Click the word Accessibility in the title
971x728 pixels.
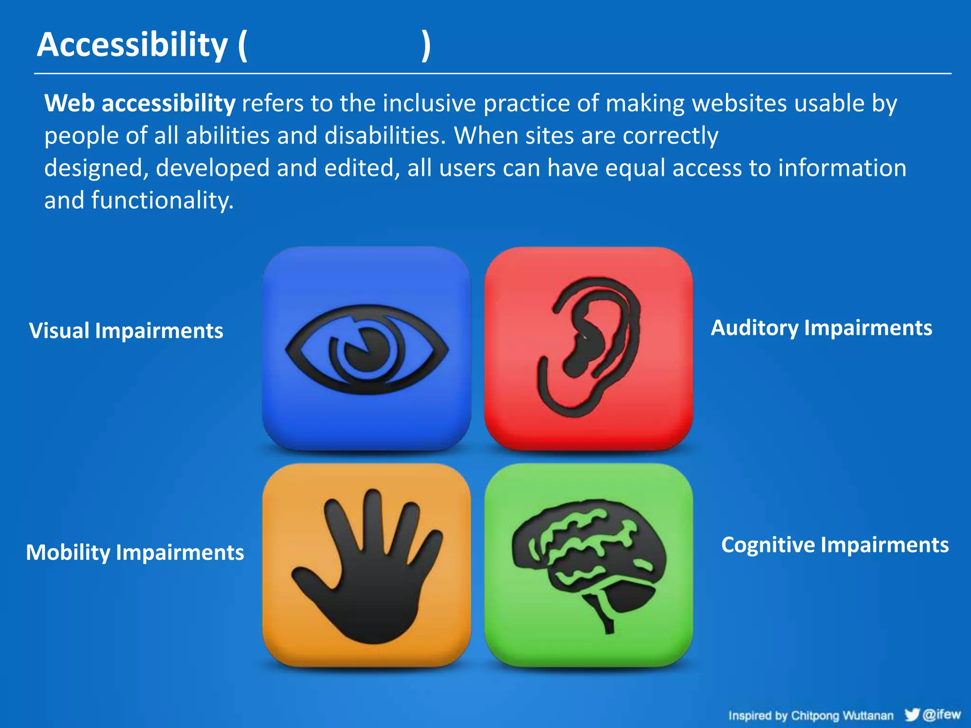pos(133,45)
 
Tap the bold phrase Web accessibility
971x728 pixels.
pos(140,103)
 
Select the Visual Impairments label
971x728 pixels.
pos(126,331)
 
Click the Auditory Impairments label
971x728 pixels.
pos(821,328)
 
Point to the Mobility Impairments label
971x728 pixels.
pos(135,553)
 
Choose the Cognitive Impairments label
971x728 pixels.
pos(834,545)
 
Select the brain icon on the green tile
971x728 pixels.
pos(588,555)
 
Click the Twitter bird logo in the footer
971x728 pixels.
pos(912,714)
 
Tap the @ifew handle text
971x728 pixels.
pos(942,714)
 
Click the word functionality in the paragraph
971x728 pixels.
pos(162,200)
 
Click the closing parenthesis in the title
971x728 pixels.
pos(426,45)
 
